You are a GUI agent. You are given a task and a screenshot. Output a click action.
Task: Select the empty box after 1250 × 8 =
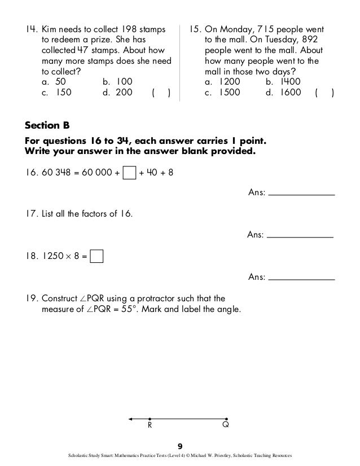(x=96, y=257)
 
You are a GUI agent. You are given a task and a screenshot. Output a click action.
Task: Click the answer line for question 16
(x=301, y=195)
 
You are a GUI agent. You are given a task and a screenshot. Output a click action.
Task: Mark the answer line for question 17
(x=300, y=236)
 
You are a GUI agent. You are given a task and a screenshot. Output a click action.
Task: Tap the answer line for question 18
(x=301, y=278)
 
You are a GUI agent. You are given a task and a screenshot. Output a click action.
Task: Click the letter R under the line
(x=150, y=427)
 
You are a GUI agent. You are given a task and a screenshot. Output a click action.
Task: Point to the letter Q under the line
(x=225, y=427)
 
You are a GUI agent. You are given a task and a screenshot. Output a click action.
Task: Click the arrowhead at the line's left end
(x=131, y=419)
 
